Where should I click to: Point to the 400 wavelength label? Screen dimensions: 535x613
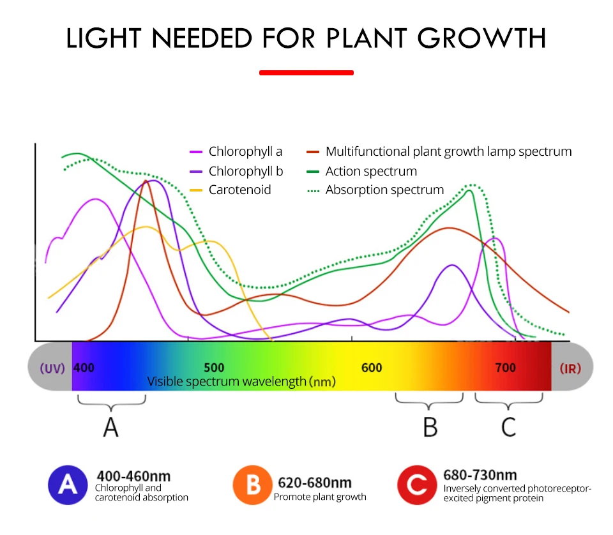84,368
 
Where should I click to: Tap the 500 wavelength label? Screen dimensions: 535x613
214,368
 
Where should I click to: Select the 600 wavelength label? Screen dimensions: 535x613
372,368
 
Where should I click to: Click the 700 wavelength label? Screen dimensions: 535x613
506,368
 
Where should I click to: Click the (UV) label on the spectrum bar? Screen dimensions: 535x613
52,368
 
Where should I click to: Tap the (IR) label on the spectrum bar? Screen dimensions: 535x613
570,368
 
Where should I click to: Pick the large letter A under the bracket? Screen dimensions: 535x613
111,427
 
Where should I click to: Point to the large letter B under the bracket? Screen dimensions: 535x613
430,427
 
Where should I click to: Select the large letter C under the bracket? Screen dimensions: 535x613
508,427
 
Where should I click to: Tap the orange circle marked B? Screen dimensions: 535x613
253,486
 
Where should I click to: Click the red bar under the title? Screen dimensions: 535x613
306,73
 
